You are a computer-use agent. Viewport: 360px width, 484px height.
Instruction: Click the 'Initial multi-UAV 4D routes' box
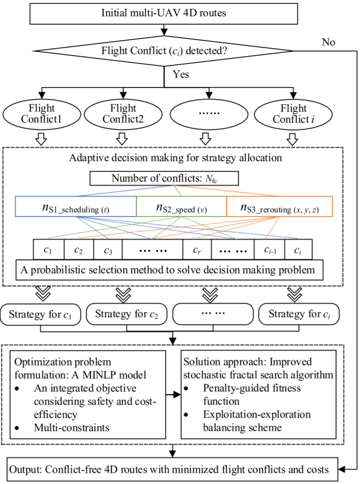tap(164, 13)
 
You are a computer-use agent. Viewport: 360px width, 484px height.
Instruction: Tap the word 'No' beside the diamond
tap(328, 42)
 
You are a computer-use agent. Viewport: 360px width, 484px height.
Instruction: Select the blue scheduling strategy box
tap(76, 207)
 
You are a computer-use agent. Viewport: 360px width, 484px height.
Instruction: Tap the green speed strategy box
tap(181, 207)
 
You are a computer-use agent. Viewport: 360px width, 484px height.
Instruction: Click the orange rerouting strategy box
tap(278, 207)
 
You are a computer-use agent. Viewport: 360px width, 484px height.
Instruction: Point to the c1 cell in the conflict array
tap(49, 250)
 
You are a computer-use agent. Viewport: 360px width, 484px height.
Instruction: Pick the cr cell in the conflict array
tap(197, 250)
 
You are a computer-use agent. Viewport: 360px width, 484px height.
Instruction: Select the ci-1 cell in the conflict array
tap(269, 250)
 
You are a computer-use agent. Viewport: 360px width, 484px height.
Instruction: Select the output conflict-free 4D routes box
tap(175, 469)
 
